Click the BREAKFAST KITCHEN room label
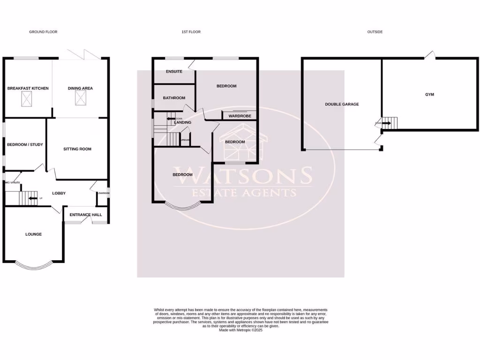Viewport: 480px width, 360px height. point(28,88)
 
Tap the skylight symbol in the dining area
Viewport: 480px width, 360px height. point(81,98)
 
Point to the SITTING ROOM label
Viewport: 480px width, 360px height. point(77,149)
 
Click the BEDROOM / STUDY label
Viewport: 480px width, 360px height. point(25,144)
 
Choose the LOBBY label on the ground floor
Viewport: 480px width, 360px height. point(59,193)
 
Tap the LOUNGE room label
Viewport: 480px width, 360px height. point(33,234)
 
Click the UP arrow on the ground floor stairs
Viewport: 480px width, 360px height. point(32,198)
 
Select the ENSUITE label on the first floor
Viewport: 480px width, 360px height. point(174,72)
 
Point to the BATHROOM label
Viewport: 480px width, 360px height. point(174,98)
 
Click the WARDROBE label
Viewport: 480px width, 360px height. point(240,116)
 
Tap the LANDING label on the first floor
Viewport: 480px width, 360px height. point(182,123)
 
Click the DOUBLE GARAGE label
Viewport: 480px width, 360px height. point(342,104)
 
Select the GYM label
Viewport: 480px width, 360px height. point(429,94)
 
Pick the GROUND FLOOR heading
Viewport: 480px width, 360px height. point(43,32)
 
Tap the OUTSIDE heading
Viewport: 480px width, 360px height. point(375,32)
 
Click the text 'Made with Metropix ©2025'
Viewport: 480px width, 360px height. point(241,330)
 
